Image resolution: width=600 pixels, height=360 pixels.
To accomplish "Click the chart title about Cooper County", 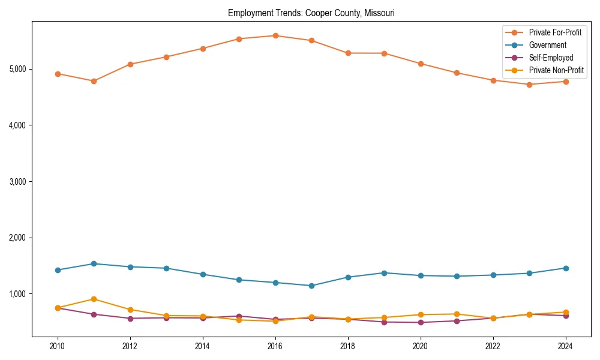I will [x=311, y=13].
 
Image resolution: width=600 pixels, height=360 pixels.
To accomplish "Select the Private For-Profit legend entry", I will [x=554, y=32].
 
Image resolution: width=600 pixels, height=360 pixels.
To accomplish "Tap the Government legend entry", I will [x=547, y=45].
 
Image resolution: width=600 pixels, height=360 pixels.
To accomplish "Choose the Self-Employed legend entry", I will [x=551, y=58].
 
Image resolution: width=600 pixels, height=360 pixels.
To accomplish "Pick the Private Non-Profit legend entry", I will [x=556, y=70].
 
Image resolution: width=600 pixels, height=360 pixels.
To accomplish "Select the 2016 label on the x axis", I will [x=275, y=346].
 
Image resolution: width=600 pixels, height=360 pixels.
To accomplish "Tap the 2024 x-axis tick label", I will [x=565, y=346].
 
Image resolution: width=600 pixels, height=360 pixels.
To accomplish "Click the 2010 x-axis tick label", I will [x=58, y=346].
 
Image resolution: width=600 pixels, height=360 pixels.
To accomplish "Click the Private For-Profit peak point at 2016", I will [x=275, y=35].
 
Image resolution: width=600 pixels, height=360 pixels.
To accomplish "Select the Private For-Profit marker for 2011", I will [x=94, y=81].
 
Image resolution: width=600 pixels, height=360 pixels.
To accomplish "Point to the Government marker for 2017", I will [x=311, y=286].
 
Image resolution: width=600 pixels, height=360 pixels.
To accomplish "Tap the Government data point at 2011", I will [x=94, y=263].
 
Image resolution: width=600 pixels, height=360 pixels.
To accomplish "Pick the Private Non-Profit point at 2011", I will [x=94, y=299].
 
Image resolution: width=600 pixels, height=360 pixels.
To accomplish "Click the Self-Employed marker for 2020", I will [x=420, y=322].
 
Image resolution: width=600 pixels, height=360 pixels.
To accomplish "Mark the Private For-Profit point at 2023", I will [x=529, y=85].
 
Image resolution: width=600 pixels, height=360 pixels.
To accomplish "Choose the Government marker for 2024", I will [x=565, y=268].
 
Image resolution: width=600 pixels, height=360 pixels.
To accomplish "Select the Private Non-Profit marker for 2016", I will [x=275, y=321].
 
